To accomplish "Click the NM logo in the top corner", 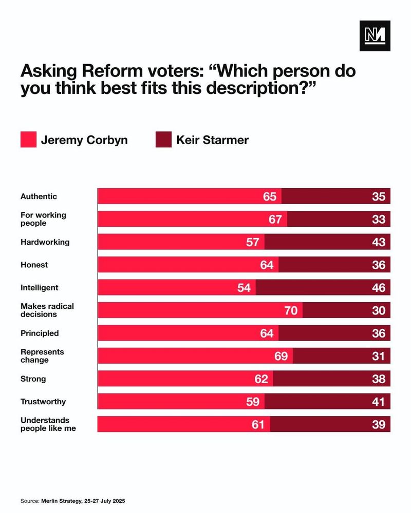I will pos(375,35).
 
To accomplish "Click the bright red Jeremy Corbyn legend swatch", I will pos(28,140).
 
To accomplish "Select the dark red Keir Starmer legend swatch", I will pos(163,140).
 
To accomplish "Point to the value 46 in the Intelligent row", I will pos(379,288).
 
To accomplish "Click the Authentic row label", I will pos(39,196).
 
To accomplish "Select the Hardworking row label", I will pos(45,242).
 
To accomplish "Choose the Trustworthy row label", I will pos(43,402).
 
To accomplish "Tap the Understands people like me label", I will pos(48,424).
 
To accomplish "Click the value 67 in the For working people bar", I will pos(275,220).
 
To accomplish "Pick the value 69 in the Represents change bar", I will pos(281,356).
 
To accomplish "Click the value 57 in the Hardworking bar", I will pos(252,242).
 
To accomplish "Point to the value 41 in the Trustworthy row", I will pos(379,402).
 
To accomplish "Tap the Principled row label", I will pos(40,333).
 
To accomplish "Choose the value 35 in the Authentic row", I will pos(379,196).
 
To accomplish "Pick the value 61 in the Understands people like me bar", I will pos(258,424).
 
